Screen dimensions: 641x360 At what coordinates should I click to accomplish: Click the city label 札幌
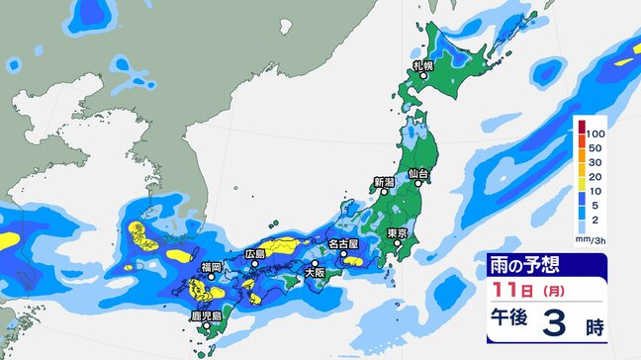tap(423, 65)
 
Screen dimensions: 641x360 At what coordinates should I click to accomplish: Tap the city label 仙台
tap(418, 174)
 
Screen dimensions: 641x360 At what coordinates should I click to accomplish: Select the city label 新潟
tap(384, 183)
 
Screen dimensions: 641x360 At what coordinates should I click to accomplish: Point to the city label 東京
tap(400, 232)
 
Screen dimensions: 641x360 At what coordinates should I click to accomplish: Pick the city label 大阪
tap(315, 272)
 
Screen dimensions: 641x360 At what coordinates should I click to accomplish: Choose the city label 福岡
tap(210, 267)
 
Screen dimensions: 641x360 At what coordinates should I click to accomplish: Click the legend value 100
tap(595, 133)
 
